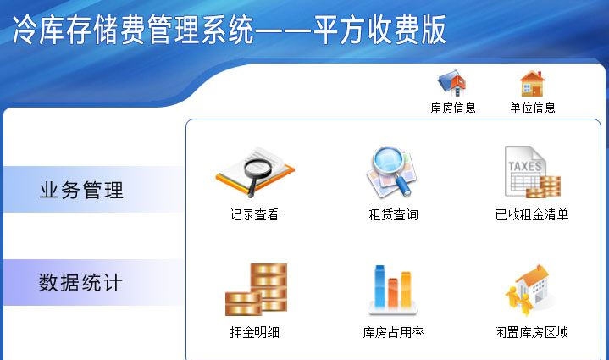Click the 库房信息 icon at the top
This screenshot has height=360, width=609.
[451, 83]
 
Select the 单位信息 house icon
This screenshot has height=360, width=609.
[531, 83]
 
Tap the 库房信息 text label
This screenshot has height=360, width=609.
[453, 108]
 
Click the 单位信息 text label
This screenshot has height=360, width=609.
[533, 108]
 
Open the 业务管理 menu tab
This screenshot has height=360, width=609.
[82, 190]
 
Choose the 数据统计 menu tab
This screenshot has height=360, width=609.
[80, 282]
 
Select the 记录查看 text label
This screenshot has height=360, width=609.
[254, 215]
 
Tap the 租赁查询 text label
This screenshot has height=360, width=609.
[393, 215]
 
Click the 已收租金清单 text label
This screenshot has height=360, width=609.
[531, 215]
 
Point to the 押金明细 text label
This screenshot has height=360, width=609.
[254, 333]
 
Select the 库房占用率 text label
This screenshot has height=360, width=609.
[393, 333]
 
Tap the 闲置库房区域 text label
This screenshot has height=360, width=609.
[531, 333]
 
